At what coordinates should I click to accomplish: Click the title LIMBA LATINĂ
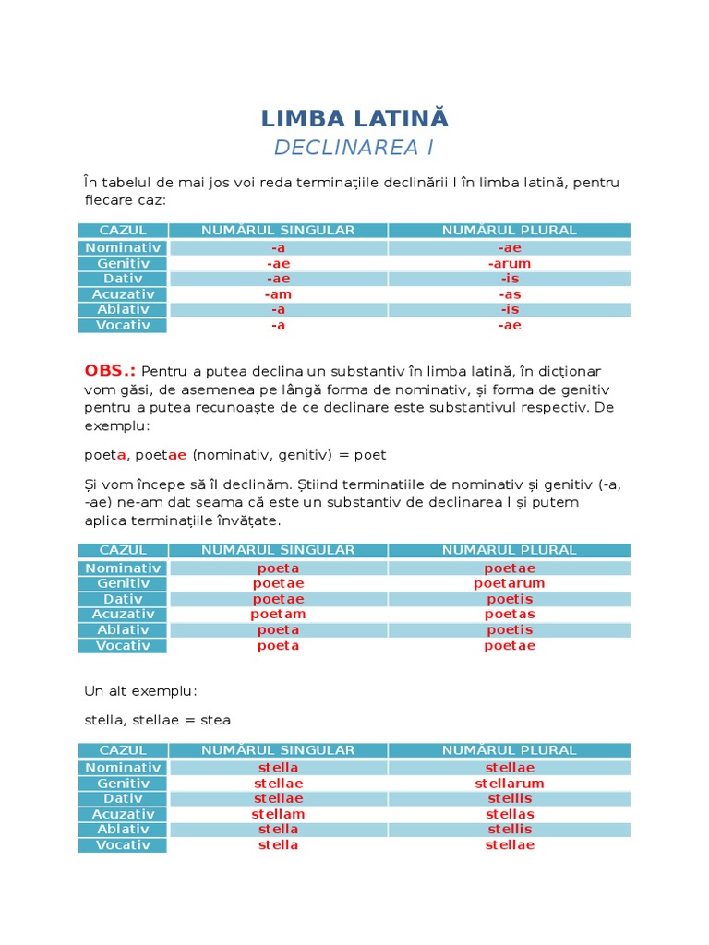coord(354,119)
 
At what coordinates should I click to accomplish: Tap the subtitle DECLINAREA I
coord(354,148)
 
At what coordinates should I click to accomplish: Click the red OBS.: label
coord(110,371)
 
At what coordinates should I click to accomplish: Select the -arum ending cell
coord(510,264)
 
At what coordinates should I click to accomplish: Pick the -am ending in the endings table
coord(278,294)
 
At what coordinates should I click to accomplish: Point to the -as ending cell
coord(510,294)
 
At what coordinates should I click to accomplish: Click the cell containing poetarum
coord(510,583)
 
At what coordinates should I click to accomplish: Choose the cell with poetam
coord(278,615)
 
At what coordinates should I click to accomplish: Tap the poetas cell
coord(510,615)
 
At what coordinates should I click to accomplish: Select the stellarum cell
coord(510,784)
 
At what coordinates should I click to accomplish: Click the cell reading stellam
coord(278,814)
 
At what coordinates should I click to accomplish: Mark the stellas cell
coord(510,814)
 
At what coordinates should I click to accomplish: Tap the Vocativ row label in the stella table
coord(123,845)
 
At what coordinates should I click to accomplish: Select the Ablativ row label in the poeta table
coord(123,630)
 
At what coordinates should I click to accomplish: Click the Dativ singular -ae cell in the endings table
coord(278,279)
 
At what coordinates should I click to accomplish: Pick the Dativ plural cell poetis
coord(510,599)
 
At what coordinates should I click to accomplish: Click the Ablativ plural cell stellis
coord(510,830)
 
